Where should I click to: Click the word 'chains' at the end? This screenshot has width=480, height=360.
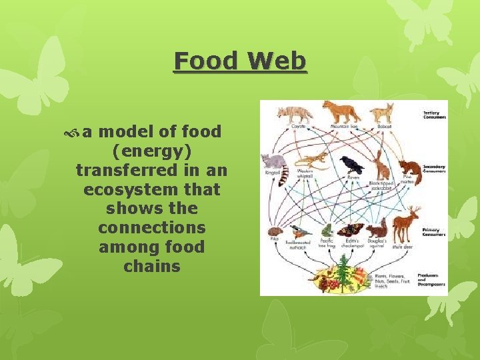pos(152,267)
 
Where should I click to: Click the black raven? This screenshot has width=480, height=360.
pos(351,165)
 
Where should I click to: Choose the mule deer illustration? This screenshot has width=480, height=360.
pos(405,224)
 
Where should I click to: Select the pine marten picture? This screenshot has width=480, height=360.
pos(409,169)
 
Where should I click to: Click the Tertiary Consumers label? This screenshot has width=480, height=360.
pos(433,115)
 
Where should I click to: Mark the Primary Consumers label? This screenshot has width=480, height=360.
pos(433,232)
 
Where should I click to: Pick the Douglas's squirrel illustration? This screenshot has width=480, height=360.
pos(377,230)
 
